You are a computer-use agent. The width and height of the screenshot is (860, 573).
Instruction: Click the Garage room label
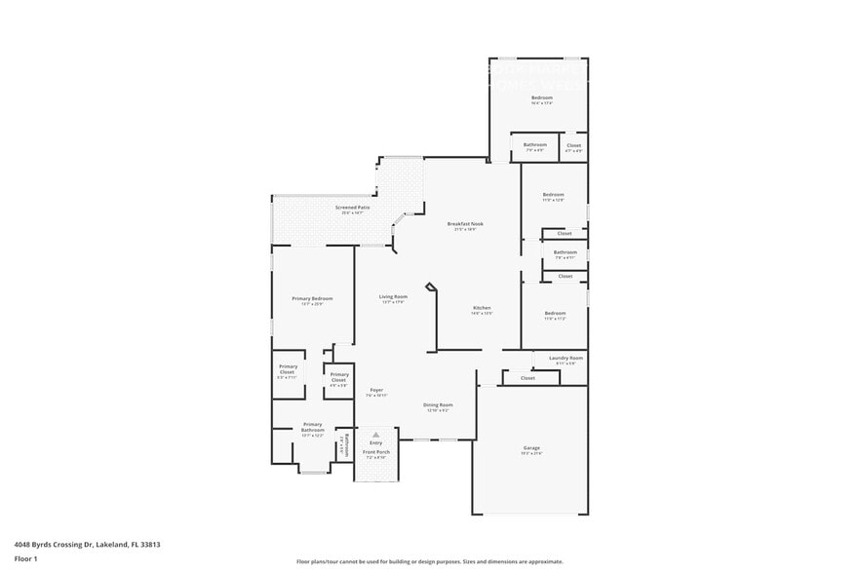click(530, 448)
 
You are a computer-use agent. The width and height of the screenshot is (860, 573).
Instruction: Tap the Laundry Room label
click(566, 359)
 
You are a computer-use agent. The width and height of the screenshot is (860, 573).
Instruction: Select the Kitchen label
click(482, 308)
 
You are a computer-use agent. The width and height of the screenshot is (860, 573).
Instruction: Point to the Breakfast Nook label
click(465, 224)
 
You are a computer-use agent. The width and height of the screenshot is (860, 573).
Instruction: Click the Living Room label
click(393, 296)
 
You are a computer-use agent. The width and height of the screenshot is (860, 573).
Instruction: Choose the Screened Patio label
click(352, 208)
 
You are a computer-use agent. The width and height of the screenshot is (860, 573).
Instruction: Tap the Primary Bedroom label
click(312, 298)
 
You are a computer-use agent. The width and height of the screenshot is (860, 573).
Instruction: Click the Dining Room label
click(438, 404)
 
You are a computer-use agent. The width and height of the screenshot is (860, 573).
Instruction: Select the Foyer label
click(376, 390)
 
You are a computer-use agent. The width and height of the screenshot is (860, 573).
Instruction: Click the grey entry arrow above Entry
click(375, 435)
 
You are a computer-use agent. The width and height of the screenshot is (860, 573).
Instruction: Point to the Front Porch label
click(376, 452)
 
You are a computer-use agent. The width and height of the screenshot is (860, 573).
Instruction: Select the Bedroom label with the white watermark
click(542, 98)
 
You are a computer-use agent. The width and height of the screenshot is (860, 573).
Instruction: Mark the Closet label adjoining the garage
click(528, 378)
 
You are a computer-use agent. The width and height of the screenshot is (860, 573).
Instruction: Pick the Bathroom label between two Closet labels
click(566, 252)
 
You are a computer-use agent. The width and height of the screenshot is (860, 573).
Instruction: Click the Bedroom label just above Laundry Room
click(555, 314)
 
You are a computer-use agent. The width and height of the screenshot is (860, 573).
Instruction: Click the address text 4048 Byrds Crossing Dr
click(87, 545)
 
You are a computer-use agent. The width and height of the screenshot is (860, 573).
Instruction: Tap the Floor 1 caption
click(25, 558)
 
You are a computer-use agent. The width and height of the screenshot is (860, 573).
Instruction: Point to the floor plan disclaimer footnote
click(430, 562)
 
